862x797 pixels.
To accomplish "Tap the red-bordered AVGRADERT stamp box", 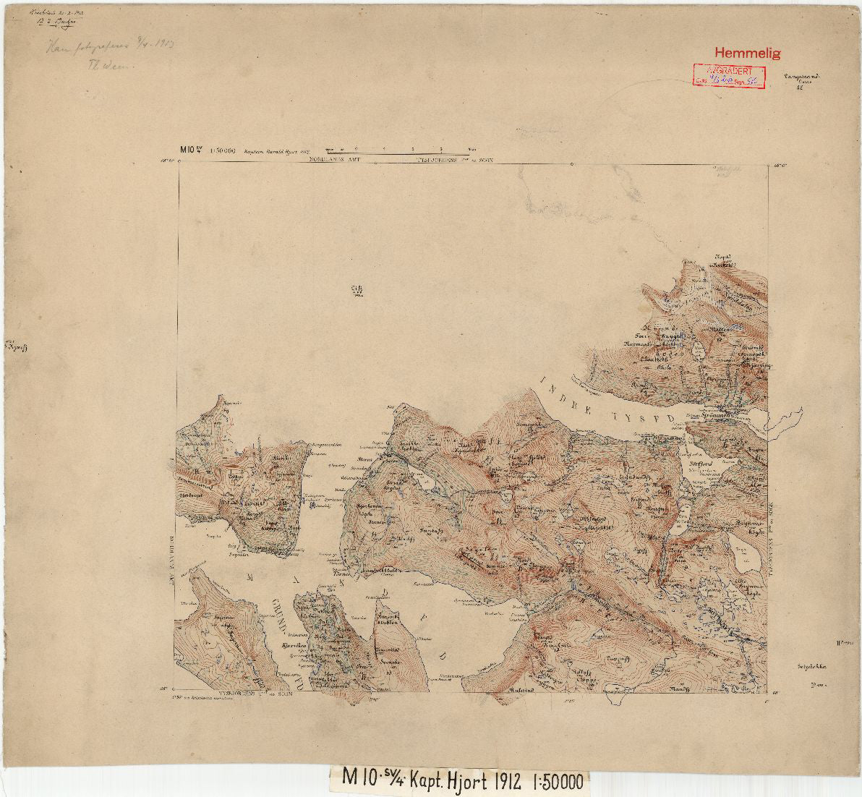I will pos(728,76).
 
